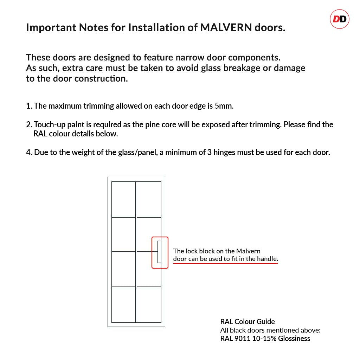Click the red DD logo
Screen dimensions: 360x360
pyautogui.click(x=340, y=19)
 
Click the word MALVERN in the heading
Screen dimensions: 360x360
pyautogui.click(x=226, y=27)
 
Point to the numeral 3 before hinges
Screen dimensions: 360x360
pyautogui.click(x=209, y=152)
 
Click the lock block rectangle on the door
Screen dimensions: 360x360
pyautogui.click(x=159, y=252)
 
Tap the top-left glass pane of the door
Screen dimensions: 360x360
pyautogui.click(x=123, y=199)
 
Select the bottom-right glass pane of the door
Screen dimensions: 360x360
pyautogui.click(x=149, y=305)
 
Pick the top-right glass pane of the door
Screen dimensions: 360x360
pyautogui.click(x=149, y=199)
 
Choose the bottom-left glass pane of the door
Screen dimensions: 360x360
pyautogui.click(x=123, y=305)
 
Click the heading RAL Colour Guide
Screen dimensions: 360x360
pyautogui.click(x=247, y=321)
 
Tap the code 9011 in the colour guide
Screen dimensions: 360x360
pyautogui.click(x=242, y=339)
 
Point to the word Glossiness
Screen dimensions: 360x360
pyautogui.click(x=294, y=339)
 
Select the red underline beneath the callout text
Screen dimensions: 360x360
pyautogui.click(x=226, y=263)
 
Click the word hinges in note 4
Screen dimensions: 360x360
pyautogui.click(x=224, y=153)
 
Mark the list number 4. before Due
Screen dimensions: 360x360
pyautogui.click(x=29, y=152)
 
